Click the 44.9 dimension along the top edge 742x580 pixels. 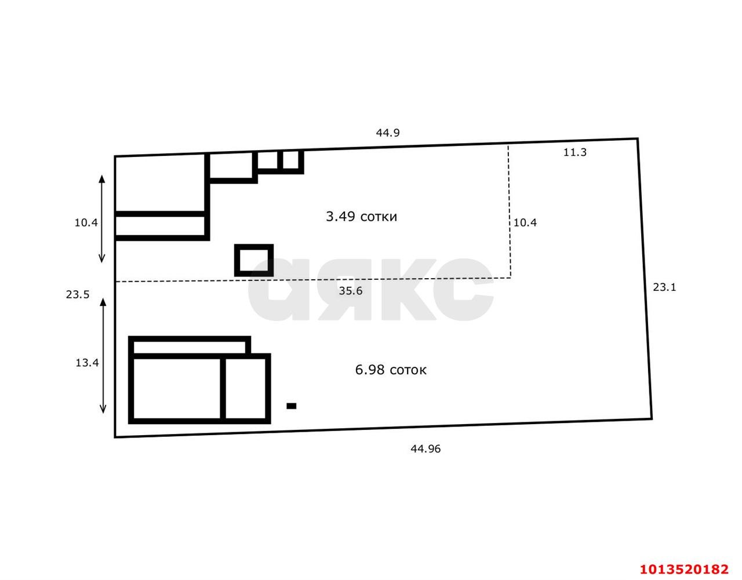click(388, 133)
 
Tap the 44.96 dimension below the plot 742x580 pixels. click(425, 449)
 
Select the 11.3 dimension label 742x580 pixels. click(575, 152)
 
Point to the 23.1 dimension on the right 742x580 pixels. click(664, 287)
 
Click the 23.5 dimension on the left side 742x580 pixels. click(78, 294)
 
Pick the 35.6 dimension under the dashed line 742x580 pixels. click(351, 291)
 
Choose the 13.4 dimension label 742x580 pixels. click(87, 363)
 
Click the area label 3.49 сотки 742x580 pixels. click(362, 216)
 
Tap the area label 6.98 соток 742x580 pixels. click(391, 370)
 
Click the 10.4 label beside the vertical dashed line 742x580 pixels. click(525, 223)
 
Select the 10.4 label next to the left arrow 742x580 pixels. click(86, 223)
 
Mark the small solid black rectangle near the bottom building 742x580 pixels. click(291, 406)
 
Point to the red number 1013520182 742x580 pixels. click(684, 569)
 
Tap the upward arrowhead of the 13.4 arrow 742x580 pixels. click(103, 302)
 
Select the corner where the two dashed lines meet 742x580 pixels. click(511, 278)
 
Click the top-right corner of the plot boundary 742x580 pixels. click(638, 138)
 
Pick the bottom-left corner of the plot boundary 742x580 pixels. click(115, 437)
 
